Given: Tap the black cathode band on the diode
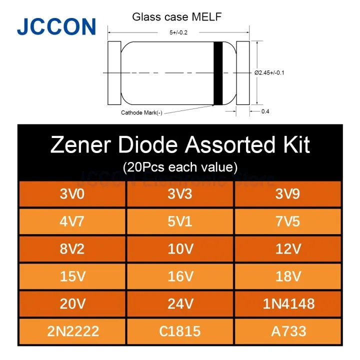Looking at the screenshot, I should pyautogui.click(x=218, y=73).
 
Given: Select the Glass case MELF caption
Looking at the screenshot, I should pyautogui.click(x=176, y=17).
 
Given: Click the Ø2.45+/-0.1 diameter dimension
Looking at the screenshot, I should pyautogui.click(x=273, y=73).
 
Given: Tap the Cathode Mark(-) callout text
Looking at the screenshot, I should pyautogui.click(x=141, y=112).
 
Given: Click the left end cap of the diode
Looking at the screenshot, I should pyautogui.click(x=113, y=73).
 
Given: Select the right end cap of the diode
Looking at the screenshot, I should pyautogui.click(x=242, y=73).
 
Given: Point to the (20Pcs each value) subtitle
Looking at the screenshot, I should pyautogui.click(x=180, y=165).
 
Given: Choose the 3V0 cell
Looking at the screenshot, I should pyautogui.click(x=72, y=193).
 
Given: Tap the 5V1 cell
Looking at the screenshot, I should pyautogui.click(x=180, y=220).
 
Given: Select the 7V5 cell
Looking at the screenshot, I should pyautogui.click(x=287, y=220).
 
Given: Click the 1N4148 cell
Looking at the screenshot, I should pyautogui.click(x=287, y=303).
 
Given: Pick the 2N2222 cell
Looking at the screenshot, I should pyautogui.click(x=72, y=330).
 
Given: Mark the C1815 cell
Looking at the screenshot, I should pyautogui.click(x=180, y=330).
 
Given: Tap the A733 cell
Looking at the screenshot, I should pyautogui.click(x=287, y=330).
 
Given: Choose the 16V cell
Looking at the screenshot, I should pyautogui.click(x=180, y=275).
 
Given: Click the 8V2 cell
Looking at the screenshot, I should pyautogui.click(x=72, y=248).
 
